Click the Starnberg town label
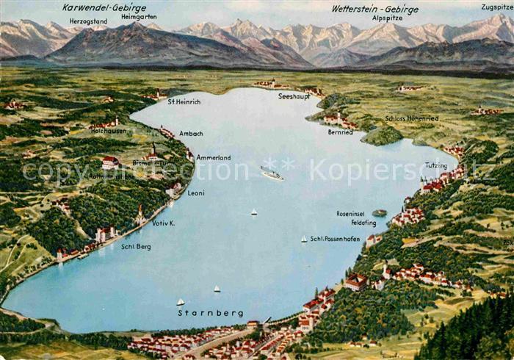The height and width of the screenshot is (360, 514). point(211,313)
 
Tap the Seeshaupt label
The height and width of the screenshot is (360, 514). point(294,96)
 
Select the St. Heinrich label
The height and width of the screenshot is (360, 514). point(184,101)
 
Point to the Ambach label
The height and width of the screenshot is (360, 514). point(191,134)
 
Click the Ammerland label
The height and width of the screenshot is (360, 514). point(213,158)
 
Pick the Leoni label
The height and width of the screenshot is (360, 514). point(196,193)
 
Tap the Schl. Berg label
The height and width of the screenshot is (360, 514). point(136,247)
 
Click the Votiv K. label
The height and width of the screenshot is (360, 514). point(163,223)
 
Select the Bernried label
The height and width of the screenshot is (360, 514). point(340,132)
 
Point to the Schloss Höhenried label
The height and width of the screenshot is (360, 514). point(411,118)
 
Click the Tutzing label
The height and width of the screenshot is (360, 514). point(435,165)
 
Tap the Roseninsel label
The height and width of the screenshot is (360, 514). point(351,214)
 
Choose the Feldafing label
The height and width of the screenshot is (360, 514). point(363,222)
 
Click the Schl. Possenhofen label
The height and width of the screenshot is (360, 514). point(335,239)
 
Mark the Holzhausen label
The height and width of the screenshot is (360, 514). point(108,131)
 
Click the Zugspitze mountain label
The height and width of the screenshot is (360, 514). point(497,7)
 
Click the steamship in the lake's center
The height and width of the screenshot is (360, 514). point(271,174)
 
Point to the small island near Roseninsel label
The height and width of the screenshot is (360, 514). point(380,213)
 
